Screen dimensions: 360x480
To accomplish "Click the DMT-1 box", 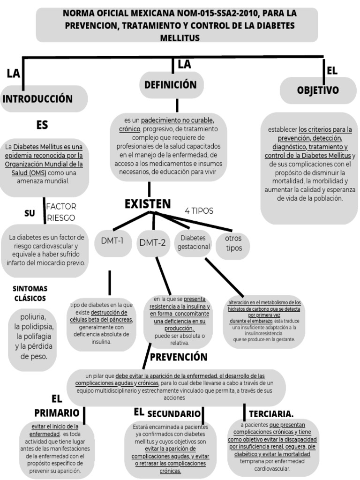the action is (x=112, y=241).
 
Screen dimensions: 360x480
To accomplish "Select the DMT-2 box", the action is (x=152, y=242).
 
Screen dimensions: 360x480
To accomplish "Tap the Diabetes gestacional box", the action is (x=193, y=242).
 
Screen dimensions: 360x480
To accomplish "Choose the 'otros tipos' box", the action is (x=233, y=243).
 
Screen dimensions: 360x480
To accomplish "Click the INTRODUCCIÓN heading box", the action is (x=44, y=99).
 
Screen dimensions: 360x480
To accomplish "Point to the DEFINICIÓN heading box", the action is (x=171, y=85).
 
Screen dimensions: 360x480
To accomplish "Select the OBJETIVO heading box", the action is (x=318, y=90).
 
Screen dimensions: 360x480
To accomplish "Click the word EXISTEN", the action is (x=147, y=204).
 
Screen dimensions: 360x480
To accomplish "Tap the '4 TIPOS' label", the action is (x=199, y=211).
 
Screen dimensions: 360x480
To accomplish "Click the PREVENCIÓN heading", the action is (x=179, y=357).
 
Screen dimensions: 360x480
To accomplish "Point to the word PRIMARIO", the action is (x=57, y=413).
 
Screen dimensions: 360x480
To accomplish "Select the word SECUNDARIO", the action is (x=174, y=414).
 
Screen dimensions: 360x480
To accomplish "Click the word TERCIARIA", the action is (x=271, y=413).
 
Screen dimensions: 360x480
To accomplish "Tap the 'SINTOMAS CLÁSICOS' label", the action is (x=30, y=293).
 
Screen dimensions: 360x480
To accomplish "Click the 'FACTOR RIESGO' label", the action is (x=61, y=212).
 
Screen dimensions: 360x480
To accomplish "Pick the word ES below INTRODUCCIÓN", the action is (x=42, y=125).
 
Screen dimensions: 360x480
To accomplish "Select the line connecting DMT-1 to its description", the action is (x=110, y=283).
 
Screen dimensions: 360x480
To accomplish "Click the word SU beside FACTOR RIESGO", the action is (x=30, y=213).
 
